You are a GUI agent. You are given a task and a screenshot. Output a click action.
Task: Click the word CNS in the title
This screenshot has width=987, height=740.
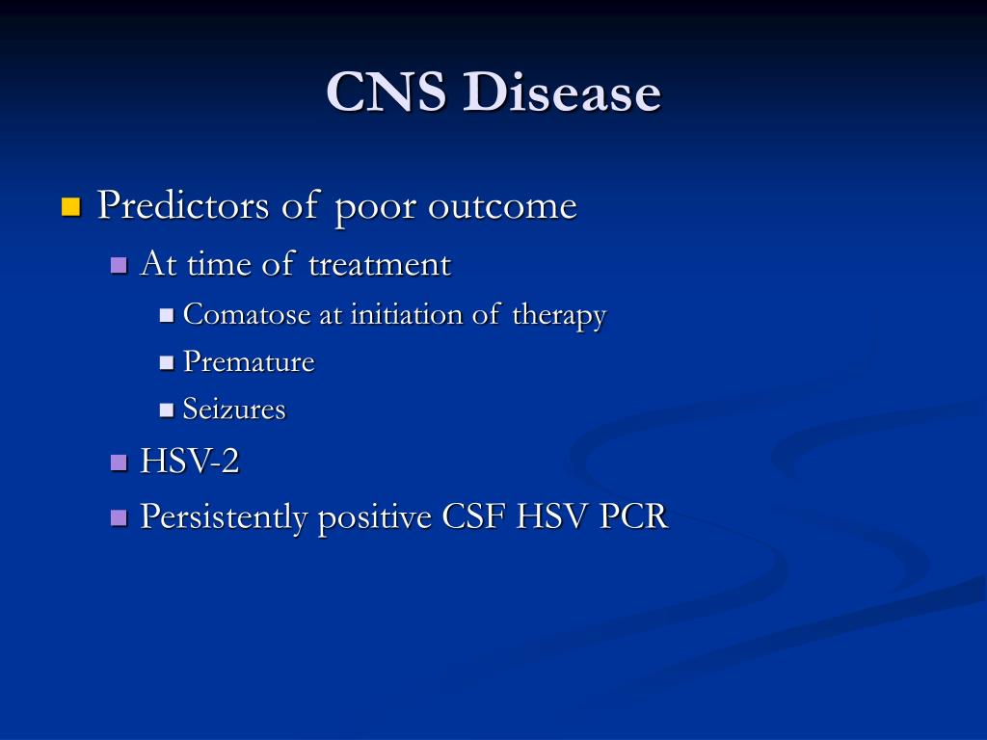click(x=387, y=92)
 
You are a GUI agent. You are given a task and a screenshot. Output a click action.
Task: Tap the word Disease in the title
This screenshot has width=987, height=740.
click(x=562, y=92)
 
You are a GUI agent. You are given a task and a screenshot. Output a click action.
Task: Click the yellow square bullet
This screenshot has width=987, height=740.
click(x=71, y=207)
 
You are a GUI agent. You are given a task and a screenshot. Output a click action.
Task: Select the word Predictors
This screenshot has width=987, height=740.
click(x=183, y=205)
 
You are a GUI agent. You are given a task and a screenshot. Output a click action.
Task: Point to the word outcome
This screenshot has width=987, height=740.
click(x=502, y=206)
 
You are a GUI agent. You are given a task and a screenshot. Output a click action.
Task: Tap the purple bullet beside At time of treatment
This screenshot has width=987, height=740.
click(x=119, y=265)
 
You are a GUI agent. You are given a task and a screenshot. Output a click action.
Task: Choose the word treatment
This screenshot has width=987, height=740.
click(x=380, y=264)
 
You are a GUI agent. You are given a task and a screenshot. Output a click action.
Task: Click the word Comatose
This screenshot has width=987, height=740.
click(x=247, y=314)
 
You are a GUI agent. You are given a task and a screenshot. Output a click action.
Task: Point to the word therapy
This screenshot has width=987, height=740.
click(x=560, y=316)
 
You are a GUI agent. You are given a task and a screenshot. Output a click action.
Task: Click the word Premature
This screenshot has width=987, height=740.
click(x=249, y=362)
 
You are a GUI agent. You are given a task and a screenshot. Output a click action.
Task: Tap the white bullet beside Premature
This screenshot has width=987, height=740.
click(x=166, y=363)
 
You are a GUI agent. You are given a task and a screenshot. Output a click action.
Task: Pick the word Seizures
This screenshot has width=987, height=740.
click(x=234, y=410)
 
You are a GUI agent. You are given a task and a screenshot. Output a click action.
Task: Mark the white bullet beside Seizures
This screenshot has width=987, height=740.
click(x=166, y=410)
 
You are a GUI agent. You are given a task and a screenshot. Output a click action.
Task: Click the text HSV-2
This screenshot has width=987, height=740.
click(x=190, y=462)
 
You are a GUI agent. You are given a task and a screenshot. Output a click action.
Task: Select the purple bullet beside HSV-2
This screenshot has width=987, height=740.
click(x=119, y=463)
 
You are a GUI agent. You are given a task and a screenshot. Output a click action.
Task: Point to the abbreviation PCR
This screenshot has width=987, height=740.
click(x=633, y=517)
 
